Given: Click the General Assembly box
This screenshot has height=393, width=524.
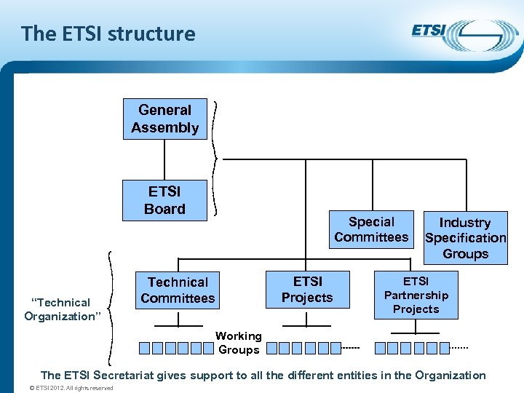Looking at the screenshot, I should (x=165, y=119).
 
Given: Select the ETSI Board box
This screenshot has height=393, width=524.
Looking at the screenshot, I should (x=165, y=200).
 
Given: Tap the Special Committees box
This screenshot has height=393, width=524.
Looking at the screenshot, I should (x=371, y=229).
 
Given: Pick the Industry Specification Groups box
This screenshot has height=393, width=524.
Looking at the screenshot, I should (x=465, y=238).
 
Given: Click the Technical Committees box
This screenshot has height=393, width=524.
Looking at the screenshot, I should (x=178, y=290).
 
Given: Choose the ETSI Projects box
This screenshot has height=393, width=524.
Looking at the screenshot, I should (x=307, y=289).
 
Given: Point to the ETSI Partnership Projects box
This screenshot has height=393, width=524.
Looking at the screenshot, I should (x=416, y=295).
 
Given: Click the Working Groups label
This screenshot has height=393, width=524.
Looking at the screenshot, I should (x=239, y=343).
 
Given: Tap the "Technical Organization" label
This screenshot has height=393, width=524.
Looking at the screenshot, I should (x=61, y=309).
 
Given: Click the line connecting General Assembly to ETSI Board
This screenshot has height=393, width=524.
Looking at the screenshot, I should (x=165, y=159).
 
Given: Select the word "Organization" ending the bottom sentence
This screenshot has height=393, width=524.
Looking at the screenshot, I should (x=450, y=376).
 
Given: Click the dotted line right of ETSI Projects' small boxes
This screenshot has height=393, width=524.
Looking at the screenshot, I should (x=351, y=349).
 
